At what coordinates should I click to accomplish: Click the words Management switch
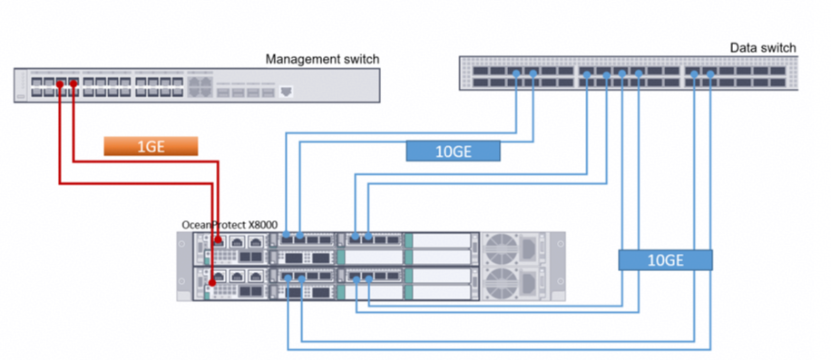pos(322,59)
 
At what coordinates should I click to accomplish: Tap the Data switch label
pos(763,48)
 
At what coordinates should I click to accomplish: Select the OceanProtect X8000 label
pos(230,225)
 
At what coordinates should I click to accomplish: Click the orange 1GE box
pos(151,146)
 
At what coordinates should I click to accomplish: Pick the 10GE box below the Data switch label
pos(453,151)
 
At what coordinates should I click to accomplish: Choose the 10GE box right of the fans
pos(665,260)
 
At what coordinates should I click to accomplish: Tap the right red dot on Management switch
pos(73,83)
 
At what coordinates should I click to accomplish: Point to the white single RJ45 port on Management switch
pos(286,92)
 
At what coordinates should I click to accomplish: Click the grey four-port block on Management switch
pos(200,88)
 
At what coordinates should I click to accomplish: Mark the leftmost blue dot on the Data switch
pos(516,74)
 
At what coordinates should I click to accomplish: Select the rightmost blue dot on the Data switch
pos(710,74)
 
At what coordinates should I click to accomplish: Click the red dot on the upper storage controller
pos(218,240)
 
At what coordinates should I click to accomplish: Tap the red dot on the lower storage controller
pos(212,281)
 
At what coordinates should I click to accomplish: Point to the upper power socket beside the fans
pos(528,248)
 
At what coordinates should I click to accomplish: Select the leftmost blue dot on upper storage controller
pos(286,235)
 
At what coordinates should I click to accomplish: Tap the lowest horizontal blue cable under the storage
pos(499,349)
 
